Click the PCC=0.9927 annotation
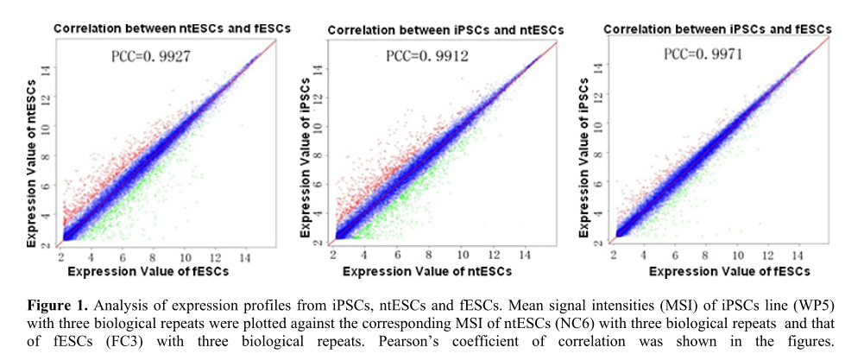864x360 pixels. click(150, 57)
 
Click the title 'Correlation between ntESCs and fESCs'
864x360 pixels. click(173, 28)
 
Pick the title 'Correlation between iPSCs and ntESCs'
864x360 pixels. click(445, 31)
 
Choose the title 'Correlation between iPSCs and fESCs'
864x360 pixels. click(717, 28)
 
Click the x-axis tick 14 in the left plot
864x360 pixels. click(246, 257)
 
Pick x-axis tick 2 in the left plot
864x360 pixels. click(60, 257)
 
